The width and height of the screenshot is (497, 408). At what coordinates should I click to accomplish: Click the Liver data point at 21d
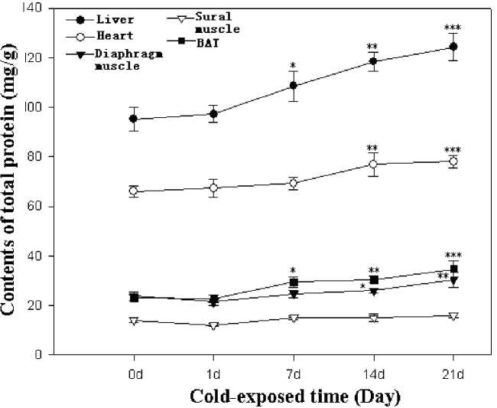tap(453, 47)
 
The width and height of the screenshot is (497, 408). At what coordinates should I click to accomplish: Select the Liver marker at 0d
tap(134, 119)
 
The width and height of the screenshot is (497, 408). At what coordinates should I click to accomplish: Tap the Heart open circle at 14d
tap(373, 165)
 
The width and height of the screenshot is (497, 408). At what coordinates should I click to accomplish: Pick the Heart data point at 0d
tap(134, 191)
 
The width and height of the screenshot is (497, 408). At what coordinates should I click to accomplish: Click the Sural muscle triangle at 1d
tap(213, 325)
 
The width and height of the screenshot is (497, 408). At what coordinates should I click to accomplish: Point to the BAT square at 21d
tap(453, 269)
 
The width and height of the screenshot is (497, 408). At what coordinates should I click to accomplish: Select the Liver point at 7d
tap(294, 86)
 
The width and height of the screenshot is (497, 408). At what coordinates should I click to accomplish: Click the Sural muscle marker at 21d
tap(453, 315)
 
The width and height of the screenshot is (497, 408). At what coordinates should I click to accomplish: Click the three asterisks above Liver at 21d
tap(453, 28)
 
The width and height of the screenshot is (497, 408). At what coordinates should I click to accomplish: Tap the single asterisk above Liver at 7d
tap(294, 66)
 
